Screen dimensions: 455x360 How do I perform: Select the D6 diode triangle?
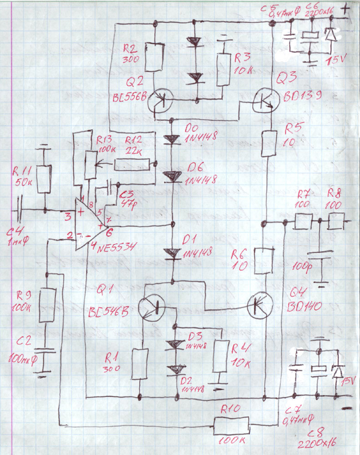(173, 176)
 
